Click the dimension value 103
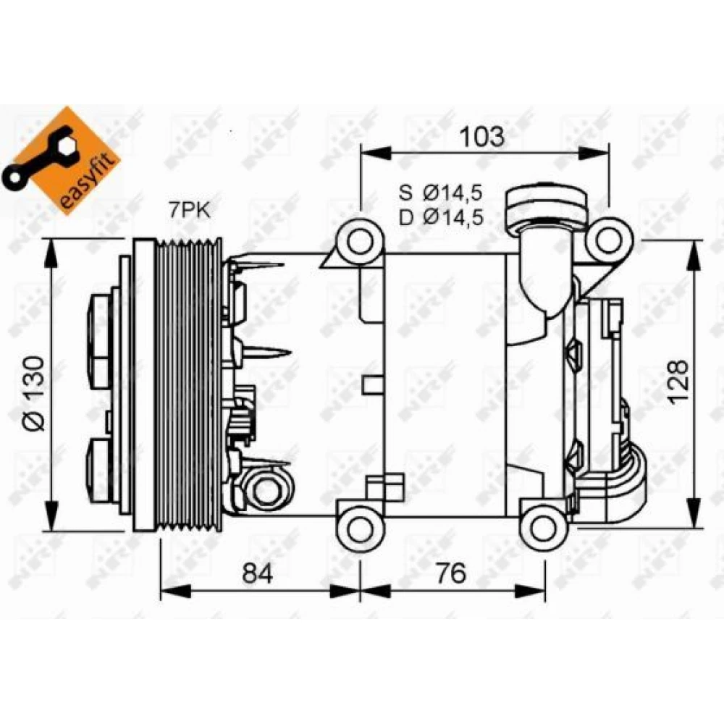pos(482,136)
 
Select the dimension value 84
pos(258,573)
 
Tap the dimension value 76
pos(451,573)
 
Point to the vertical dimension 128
pos(679,382)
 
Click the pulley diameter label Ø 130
pos(35,393)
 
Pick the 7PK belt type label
pos(189,211)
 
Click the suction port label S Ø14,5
pos(441,193)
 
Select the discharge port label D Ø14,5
pos(441,217)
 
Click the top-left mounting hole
pos(360,242)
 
